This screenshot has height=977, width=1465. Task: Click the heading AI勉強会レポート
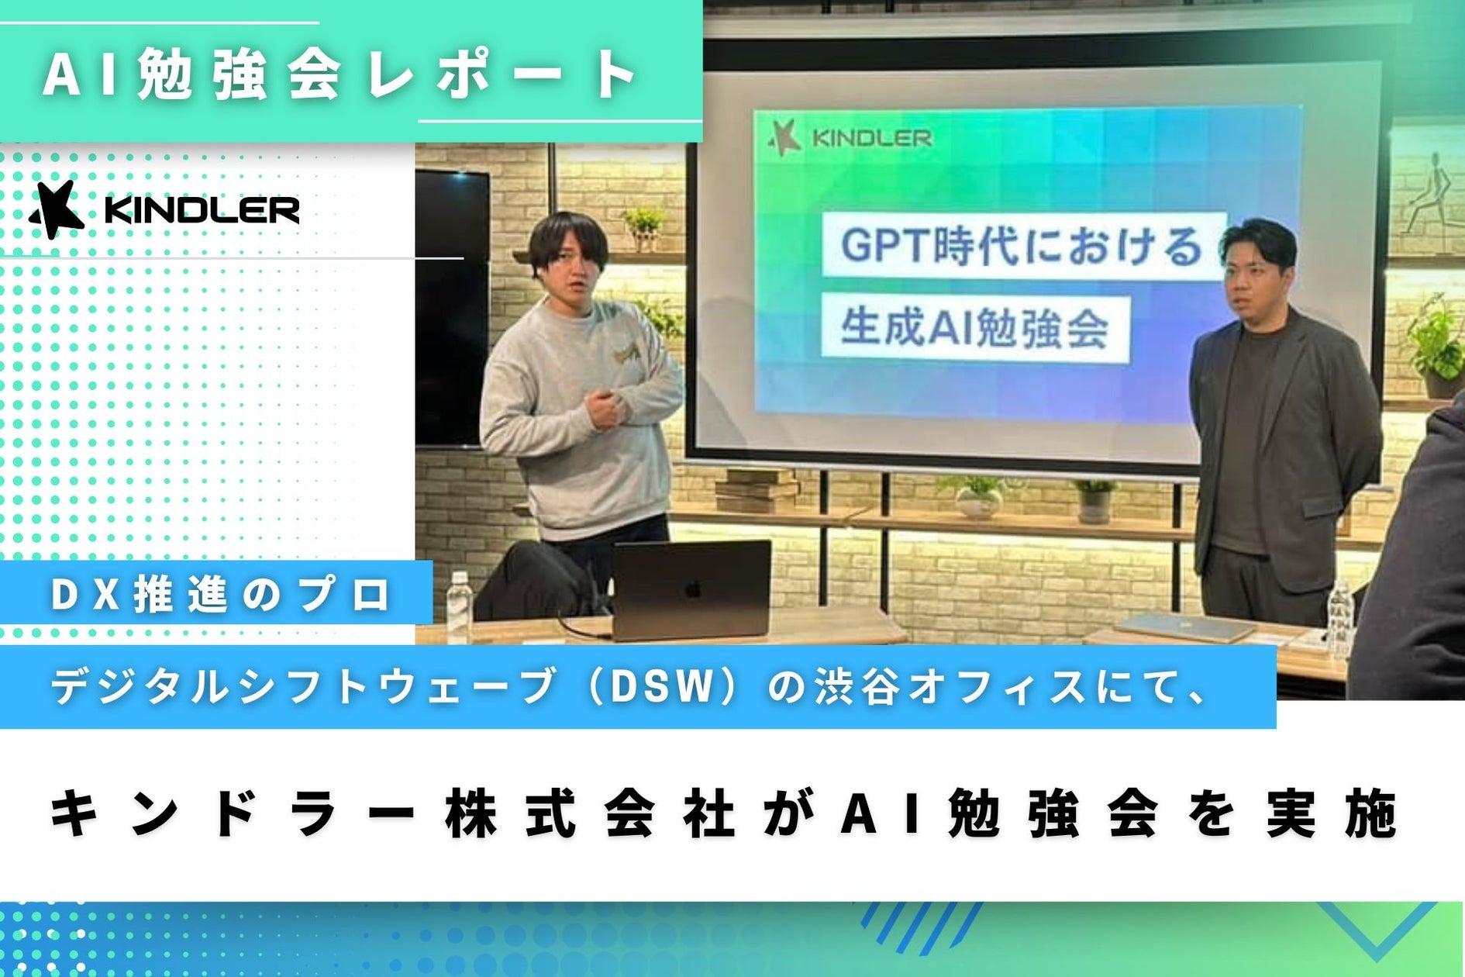pos(340,76)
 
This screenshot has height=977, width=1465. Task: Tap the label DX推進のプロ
pos(222,596)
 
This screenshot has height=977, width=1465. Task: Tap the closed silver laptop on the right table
pos(1187,628)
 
